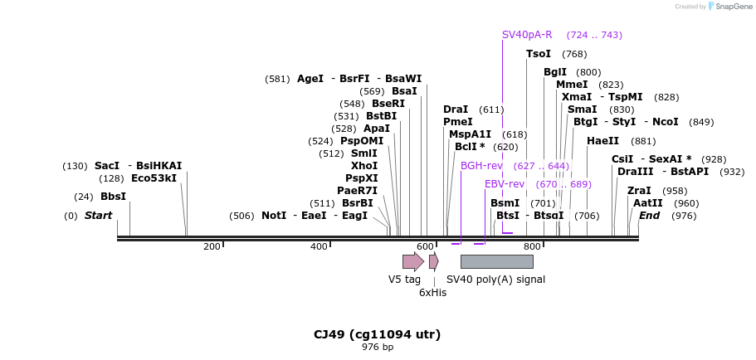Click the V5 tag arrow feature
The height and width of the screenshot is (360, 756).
(x=412, y=262)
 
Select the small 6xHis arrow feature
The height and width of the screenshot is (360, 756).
(x=433, y=262)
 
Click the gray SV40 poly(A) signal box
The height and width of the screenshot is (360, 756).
(x=496, y=262)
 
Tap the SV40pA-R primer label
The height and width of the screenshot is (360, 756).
(x=527, y=35)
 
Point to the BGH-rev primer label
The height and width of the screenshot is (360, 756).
(x=481, y=166)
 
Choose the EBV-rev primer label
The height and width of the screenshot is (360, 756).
(x=505, y=184)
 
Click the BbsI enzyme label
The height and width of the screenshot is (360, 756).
(x=113, y=197)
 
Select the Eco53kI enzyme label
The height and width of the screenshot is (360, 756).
(x=154, y=178)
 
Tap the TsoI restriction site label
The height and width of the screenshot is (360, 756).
(x=539, y=54)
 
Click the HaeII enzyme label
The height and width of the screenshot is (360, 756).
(x=602, y=141)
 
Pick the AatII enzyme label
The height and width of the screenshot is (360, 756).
(x=648, y=203)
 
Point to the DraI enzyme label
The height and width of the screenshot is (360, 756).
(x=456, y=109)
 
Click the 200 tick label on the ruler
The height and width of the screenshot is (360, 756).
(x=212, y=246)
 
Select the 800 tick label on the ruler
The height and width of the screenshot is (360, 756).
(x=531, y=246)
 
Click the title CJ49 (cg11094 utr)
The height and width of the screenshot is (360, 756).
(x=377, y=334)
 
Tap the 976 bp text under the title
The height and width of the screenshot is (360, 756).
(x=378, y=347)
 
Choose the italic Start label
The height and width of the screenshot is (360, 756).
(x=98, y=216)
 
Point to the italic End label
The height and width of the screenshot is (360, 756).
(x=649, y=216)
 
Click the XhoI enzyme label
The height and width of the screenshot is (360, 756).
(x=364, y=166)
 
